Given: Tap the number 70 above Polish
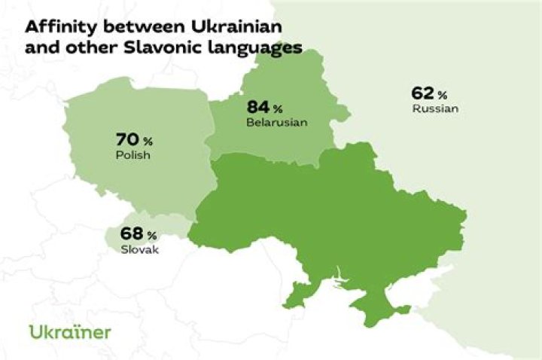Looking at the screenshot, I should [128, 139].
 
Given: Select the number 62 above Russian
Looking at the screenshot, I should [422, 93].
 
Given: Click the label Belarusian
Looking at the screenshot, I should [277, 123].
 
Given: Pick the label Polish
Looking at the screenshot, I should [133, 156].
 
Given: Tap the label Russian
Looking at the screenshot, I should [435, 109].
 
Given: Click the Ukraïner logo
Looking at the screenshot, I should [70, 331].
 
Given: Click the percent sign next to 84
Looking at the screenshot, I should [278, 108].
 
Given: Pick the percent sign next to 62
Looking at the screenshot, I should [443, 95].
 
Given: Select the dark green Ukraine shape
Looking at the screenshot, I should [331, 218].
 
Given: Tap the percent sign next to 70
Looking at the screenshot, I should [148, 142].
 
